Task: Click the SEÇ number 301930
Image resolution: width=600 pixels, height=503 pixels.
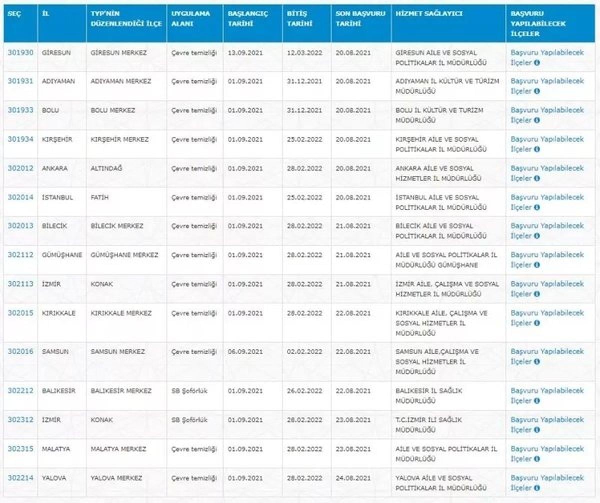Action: [x=20, y=52]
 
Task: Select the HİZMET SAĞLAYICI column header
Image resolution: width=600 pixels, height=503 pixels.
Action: [x=422, y=13]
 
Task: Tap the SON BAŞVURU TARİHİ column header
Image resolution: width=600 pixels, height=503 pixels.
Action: [x=360, y=18]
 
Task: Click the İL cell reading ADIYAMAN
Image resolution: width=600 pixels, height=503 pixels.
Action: [x=59, y=81]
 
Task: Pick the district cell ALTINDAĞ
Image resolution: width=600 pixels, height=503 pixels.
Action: [x=106, y=168]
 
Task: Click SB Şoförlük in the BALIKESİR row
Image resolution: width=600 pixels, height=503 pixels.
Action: [x=189, y=390]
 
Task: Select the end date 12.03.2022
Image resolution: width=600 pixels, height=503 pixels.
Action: [x=304, y=52]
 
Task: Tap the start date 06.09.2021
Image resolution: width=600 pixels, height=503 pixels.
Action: [x=244, y=351]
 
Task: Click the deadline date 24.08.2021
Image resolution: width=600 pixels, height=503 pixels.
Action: [x=353, y=478]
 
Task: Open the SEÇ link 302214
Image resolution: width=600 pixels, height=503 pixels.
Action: [x=20, y=478]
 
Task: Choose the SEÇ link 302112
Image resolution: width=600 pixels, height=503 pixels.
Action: [x=20, y=255]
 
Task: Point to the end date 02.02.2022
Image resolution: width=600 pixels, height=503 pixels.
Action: [x=304, y=351]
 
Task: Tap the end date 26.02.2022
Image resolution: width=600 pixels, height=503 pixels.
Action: [x=304, y=390]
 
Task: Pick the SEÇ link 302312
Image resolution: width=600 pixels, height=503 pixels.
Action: [x=20, y=419]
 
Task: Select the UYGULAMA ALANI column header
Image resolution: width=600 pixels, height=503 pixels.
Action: [x=190, y=18]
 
